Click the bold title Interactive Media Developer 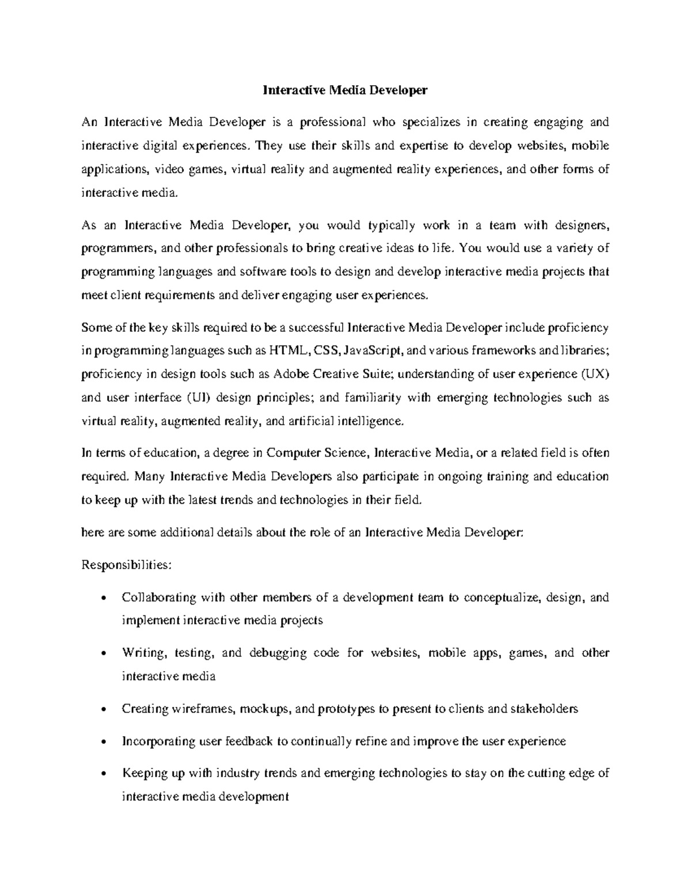coord(345,90)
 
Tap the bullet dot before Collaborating coord(102,598)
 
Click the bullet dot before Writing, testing coord(102,653)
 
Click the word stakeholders coord(544,709)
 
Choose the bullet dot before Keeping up coord(102,774)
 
